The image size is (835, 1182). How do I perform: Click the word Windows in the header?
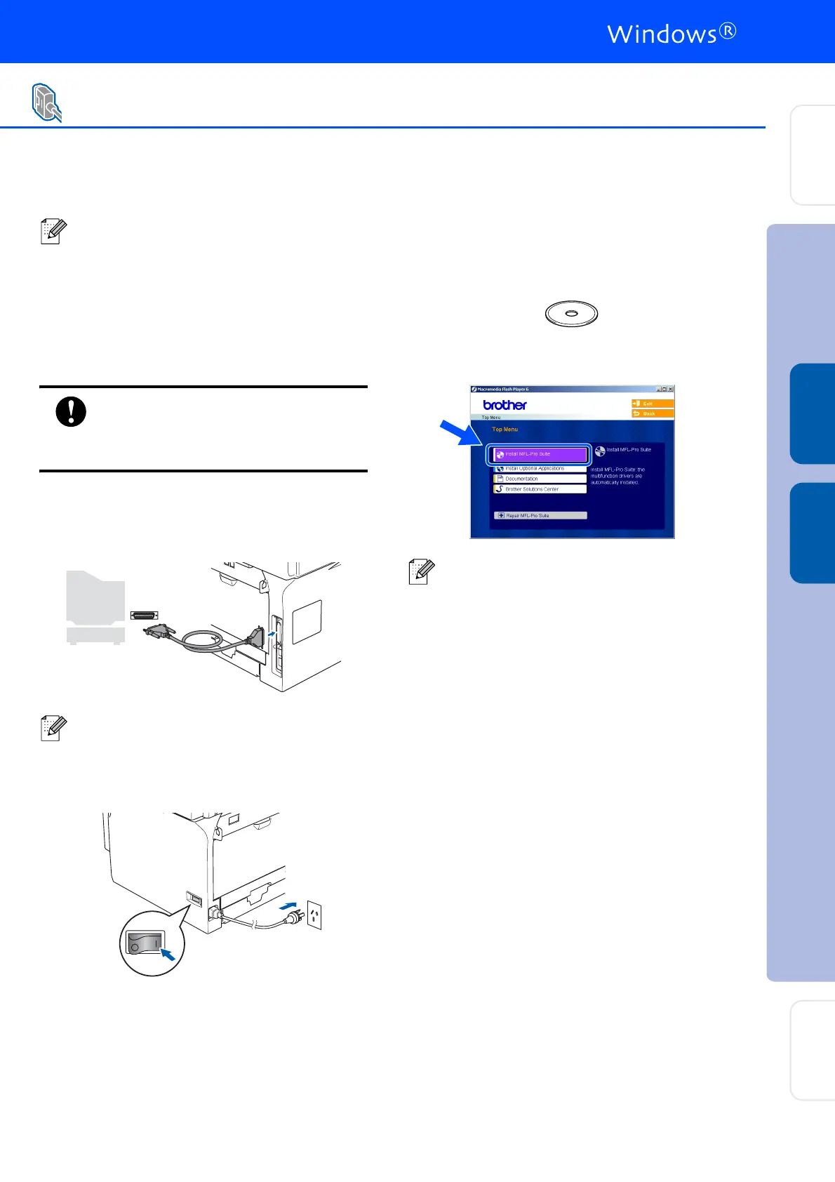(662, 34)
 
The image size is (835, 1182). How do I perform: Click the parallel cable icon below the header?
(46, 103)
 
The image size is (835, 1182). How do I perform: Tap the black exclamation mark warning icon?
(71, 411)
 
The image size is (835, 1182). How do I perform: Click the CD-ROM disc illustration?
(572, 314)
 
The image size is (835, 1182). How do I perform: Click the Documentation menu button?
(540, 479)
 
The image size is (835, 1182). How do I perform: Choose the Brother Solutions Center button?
(540, 489)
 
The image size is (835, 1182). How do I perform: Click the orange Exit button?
(653, 404)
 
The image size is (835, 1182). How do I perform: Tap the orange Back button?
(653, 413)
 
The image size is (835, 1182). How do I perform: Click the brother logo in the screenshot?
(505, 405)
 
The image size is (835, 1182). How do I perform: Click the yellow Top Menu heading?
(505, 430)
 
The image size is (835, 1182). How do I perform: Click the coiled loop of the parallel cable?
(202, 641)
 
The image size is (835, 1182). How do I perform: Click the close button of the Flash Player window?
(670, 389)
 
